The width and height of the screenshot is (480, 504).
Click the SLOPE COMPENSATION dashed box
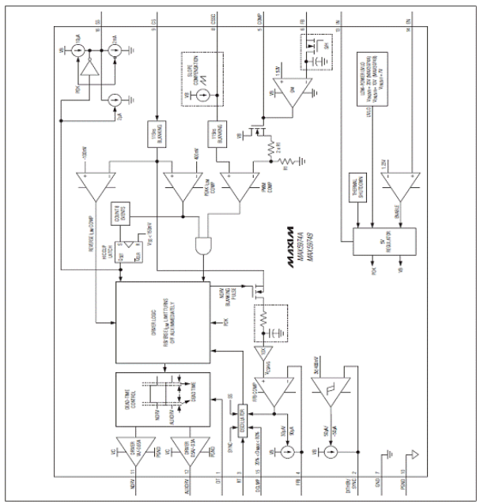[x=208, y=74]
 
